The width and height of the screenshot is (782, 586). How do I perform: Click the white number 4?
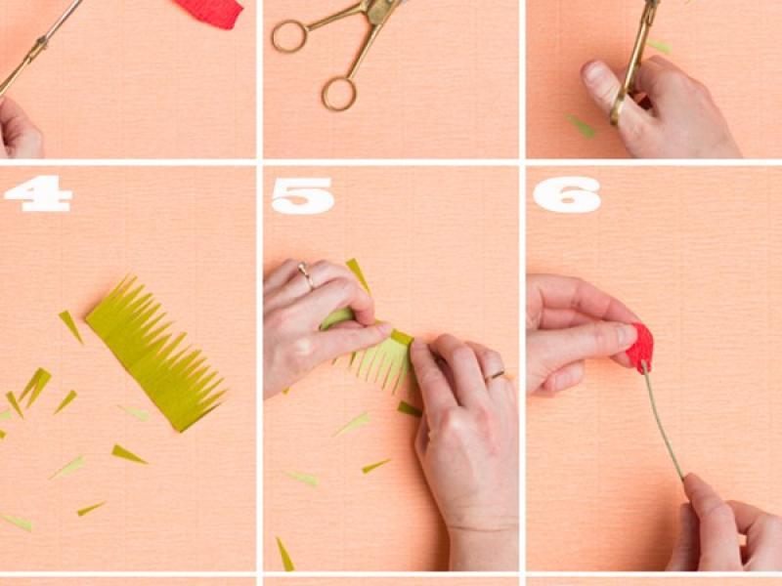(38, 193)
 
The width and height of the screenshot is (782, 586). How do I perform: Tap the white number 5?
(302, 195)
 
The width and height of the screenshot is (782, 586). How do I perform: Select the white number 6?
(567, 194)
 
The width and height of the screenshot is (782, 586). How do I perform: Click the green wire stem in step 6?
(664, 421)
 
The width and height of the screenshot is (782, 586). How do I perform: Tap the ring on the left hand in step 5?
(306, 274)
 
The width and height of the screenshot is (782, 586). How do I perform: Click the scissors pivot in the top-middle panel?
(375, 11)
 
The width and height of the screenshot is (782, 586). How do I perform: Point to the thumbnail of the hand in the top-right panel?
(594, 71)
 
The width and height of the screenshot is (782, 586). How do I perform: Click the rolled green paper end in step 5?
(336, 318)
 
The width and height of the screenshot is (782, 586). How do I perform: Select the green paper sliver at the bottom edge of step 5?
(284, 554)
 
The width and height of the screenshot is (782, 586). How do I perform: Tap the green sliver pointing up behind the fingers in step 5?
(358, 275)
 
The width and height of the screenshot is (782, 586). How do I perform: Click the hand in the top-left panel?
(20, 129)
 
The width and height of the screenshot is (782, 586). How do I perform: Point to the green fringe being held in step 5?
(379, 361)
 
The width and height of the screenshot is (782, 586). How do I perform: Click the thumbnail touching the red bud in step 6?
(627, 334)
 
